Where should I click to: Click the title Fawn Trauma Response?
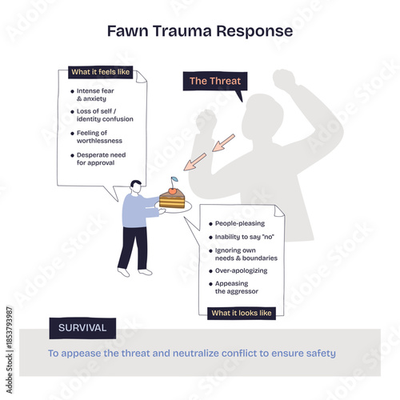199,31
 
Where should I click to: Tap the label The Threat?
214,81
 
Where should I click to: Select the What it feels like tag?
102,73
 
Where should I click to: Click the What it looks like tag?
242,313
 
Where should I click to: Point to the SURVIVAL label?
82,328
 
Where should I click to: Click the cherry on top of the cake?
174,190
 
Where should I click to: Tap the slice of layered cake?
172,201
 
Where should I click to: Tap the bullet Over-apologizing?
240,271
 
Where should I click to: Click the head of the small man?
135,186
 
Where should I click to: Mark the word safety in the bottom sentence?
319,353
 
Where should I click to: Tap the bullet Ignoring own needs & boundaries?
245,254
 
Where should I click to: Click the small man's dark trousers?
133,248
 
